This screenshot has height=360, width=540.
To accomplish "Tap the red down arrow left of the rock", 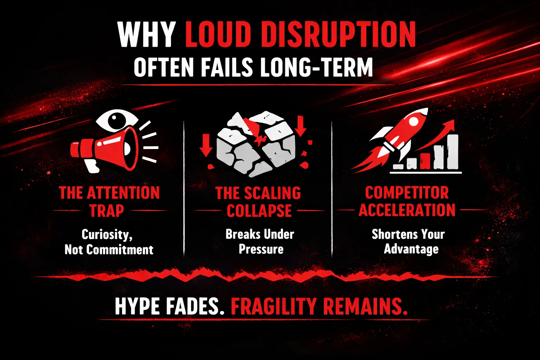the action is [x=206, y=145].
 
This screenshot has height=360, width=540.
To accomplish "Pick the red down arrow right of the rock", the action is [x=300, y=126].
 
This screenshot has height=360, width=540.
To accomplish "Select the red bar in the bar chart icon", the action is [x=425, y=160].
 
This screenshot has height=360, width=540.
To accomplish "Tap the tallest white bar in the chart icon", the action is [x=452, y=152].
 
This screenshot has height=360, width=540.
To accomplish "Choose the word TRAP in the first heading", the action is [x=107, y=210].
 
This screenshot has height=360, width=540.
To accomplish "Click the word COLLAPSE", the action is [x=259, y=211].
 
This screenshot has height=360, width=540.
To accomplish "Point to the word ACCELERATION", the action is [x=407, y=210].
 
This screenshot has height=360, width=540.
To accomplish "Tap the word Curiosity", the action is [x=107, y=234].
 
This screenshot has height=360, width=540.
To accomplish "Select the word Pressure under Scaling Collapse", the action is [x=261, y=249].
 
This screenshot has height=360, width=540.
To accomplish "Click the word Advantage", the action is [x=411, y=249].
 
